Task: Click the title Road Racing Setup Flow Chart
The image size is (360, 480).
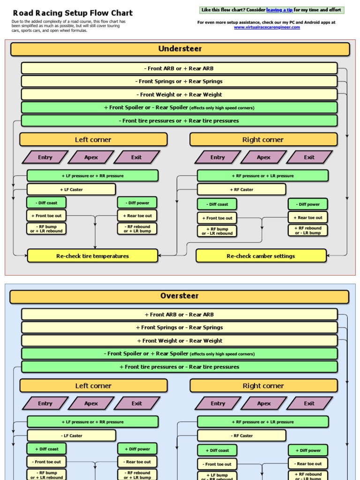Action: pos(73,13)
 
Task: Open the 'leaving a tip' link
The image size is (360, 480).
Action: pos(279,10)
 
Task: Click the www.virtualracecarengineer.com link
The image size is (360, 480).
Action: pos(267,27)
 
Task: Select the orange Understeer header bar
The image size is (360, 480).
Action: pos(180,49)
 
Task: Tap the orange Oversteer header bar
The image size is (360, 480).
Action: pos(180,296)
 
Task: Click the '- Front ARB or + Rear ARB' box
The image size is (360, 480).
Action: pos(179,68)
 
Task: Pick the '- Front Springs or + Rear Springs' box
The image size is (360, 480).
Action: pos(179,82)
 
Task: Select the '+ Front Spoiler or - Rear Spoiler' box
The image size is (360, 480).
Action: pos(179,108)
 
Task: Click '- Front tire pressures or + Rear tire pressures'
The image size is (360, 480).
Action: pos(179,121)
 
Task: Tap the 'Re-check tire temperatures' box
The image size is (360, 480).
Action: pos(93,256)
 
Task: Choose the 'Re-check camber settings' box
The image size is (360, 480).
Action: pos(261,256)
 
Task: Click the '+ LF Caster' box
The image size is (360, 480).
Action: pos(71,189)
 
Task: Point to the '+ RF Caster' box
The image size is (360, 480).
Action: pos(241,190)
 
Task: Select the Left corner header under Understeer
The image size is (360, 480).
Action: pos(93,140)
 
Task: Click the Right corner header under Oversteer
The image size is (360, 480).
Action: pos(263,386)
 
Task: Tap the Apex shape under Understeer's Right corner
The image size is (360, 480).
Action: pos(263,157)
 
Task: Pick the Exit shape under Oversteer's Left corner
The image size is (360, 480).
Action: pos(137,404)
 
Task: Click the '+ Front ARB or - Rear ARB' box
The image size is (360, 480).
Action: pos(179,315)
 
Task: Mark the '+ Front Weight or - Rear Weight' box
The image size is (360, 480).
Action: pos(179,341)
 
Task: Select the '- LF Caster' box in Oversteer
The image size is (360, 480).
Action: pos(71,435)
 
